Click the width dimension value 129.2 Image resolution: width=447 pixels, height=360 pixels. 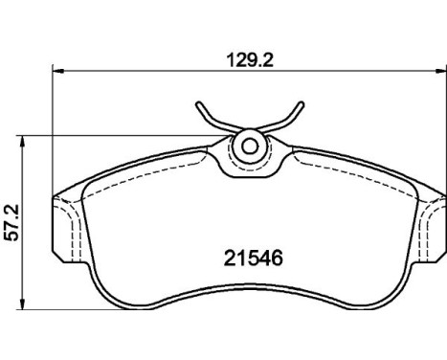coord(250,59)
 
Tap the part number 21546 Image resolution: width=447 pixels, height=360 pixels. coord(254,259)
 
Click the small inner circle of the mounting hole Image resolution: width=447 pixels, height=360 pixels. coord(250,146)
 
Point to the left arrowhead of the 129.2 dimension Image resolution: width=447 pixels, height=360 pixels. coord(58,71)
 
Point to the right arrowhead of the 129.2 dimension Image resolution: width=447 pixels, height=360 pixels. coord(440,71)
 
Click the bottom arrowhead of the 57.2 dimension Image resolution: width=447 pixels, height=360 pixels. coord(22,304)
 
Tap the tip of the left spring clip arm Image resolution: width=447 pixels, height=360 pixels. coord(199,104)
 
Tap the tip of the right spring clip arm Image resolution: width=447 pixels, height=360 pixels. coord(301,104)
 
